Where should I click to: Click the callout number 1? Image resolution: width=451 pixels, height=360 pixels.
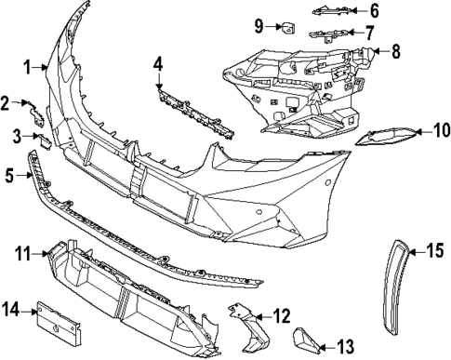[28, 67]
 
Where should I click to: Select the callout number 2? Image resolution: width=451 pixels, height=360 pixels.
[6, 102]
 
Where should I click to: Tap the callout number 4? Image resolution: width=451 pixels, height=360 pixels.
[159, 64]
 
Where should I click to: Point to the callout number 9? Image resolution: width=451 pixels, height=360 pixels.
[259, 24]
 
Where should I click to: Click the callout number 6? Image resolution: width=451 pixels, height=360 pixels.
[374, 11]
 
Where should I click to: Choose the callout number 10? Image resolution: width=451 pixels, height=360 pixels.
[441, 132]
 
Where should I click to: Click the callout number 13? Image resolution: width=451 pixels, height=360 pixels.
[345, 347]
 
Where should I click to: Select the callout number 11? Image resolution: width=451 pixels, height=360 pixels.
[23, 251]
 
